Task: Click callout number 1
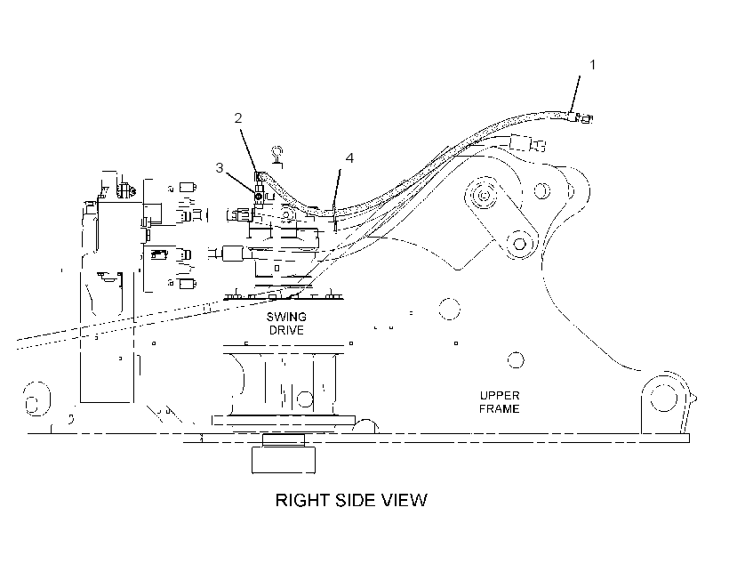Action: [x=592, y=65]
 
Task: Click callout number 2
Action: [x=238, y=118]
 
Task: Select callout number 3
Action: [x=220, y=167]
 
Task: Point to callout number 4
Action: [x=349, y=158]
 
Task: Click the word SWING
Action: [x=286, y=317]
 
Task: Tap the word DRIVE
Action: [x=286, y=330]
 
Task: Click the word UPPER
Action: [x=500, y=396]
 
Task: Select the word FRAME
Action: [x=500, y=408]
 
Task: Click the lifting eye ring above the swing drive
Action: [x=277, y=152]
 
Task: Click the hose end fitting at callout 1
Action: [x=581, y=117]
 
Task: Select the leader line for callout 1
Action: [x=575, y=94]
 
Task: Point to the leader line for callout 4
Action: [x=337, y=190]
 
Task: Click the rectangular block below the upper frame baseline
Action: [x=283, y=460]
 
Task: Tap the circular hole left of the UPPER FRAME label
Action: [x=449, y=309]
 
